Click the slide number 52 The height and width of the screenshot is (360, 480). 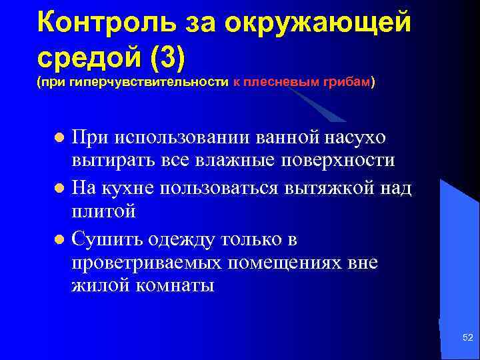467,339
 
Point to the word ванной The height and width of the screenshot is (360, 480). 280,137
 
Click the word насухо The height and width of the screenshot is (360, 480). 362,137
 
